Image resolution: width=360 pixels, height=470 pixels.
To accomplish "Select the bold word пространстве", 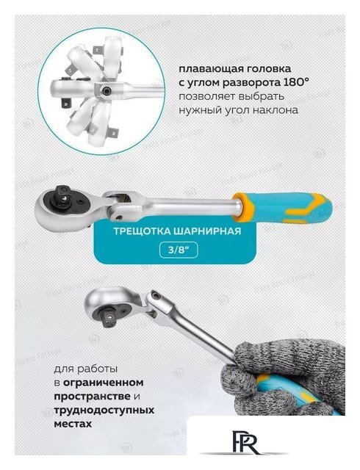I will (x=92, y=396).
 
